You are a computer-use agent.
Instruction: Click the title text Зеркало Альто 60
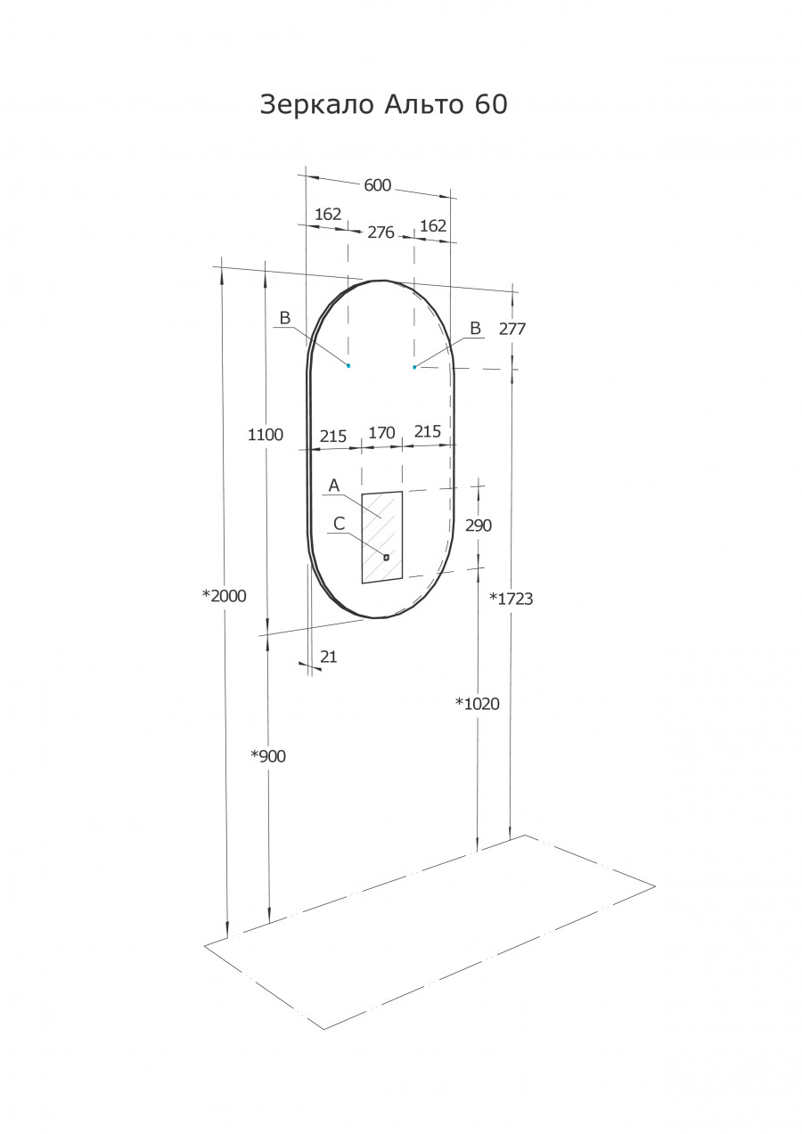point(383,105)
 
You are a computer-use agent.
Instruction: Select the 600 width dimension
point(378,185)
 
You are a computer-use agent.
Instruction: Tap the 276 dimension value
point(381,233)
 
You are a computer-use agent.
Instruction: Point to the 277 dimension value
point(512,329)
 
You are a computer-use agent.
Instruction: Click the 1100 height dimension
point(266,435)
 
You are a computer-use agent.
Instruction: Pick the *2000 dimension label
point(225,596)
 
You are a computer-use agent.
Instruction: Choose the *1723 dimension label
point(511,599)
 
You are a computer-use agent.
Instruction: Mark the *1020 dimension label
point(478,704)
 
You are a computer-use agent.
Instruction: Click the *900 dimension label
point(268,756)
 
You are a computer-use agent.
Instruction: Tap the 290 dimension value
point(479,526)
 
